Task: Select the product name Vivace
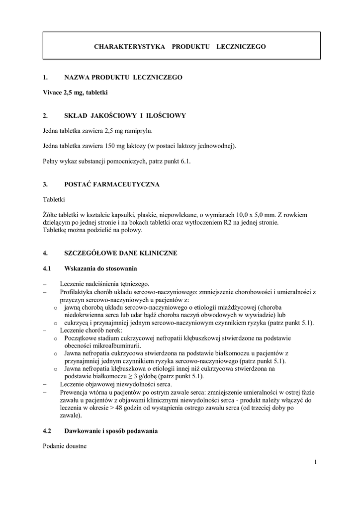click(x=53, y=92)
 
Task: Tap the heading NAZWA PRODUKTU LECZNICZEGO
click(x=123, y=78)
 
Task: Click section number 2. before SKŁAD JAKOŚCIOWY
click(x=45, y=116)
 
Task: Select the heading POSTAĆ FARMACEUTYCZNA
click(x=112, y=184)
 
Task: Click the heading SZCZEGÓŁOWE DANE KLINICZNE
click(x=121, y=253)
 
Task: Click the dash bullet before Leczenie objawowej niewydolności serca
click(x=45, y=384)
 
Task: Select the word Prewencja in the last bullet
click(x=74, y=392)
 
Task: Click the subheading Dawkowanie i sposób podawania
click(x=111, y=431)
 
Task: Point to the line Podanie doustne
click(x=65, y=446)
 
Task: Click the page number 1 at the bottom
click(x=315, y=462)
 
